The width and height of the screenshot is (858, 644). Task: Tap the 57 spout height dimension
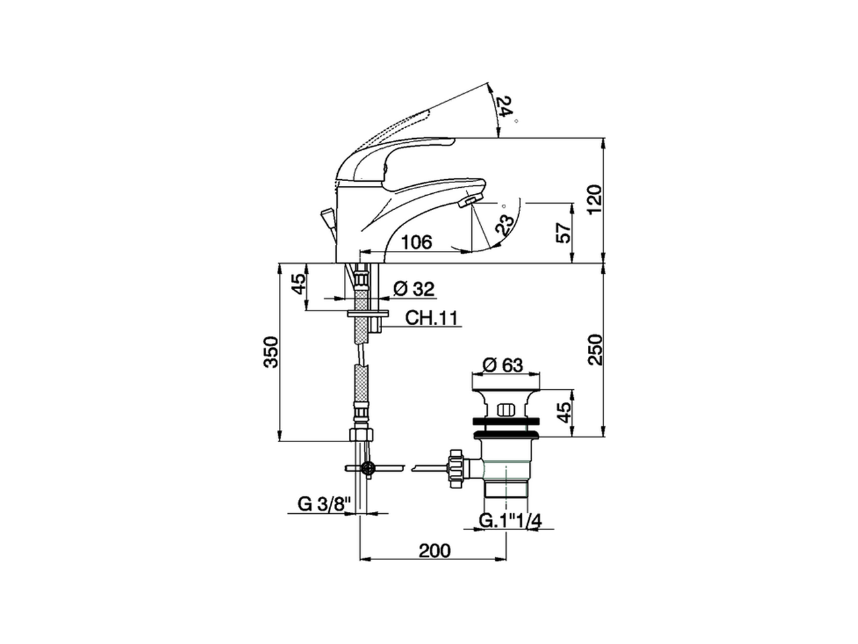(x=564, y=232)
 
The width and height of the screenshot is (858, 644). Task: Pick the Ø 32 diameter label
(x=414, y=289)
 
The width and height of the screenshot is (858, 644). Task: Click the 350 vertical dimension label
(x=271, y=352)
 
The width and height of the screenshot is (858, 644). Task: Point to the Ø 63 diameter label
(x=502, y=366)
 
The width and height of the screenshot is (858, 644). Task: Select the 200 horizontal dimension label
(x=435, y=550)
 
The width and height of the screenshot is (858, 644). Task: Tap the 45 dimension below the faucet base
(x=298, y=284)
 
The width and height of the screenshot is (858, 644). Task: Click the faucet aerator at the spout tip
(x=469, y=201)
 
